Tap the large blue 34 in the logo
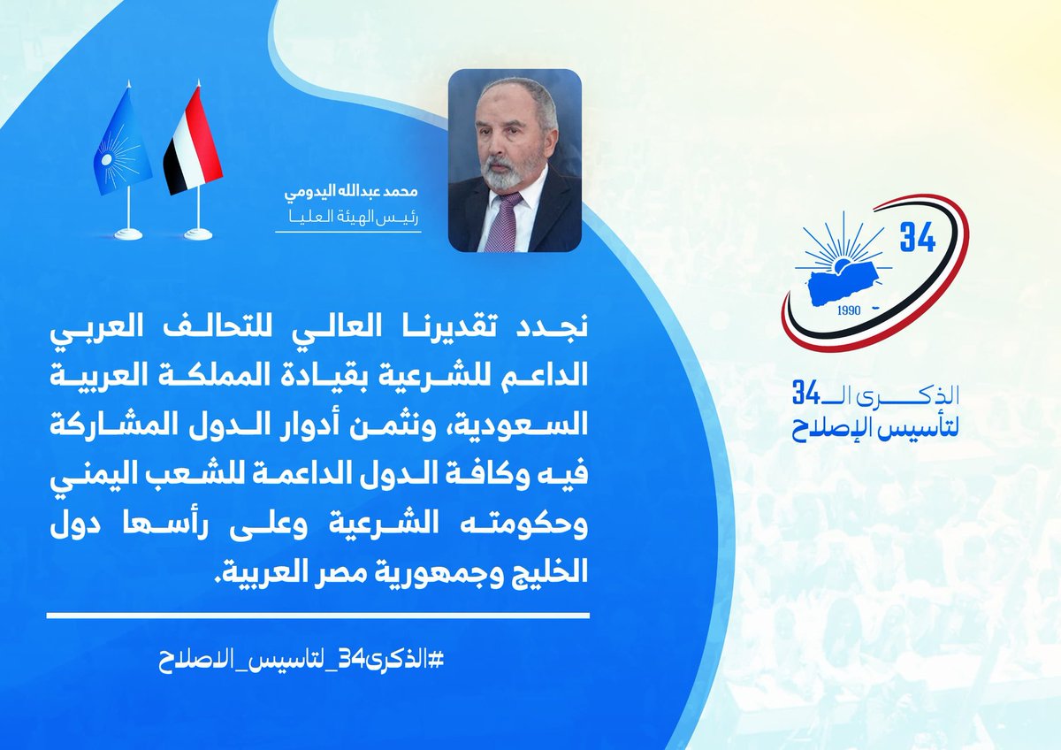pos(917,238)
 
